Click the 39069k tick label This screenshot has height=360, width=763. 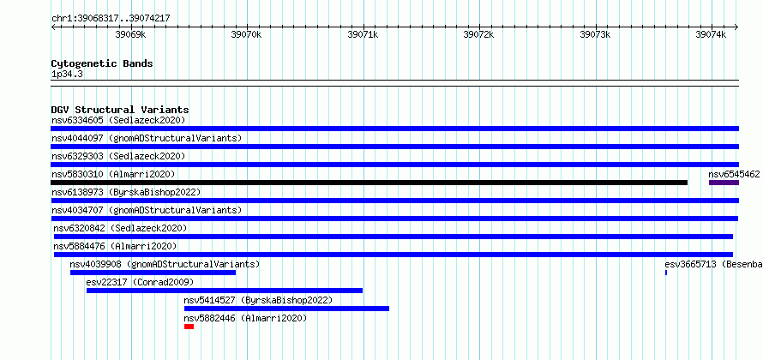tap(130, 35)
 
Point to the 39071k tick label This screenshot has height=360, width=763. tap(363, 35)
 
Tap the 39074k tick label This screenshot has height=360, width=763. tap(711, 35)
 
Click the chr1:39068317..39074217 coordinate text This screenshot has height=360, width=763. tap(111, 19)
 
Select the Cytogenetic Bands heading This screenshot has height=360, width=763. tap(102, 63)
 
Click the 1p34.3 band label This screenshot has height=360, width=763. tap(66, 75)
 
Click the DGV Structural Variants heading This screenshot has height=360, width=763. tap(120, 110)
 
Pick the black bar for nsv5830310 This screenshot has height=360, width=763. tap(369, 183)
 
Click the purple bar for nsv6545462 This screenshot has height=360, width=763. tap(724, 183)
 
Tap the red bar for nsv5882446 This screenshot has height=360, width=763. tap(189, 327)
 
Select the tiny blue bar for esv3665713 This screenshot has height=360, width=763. tap(666, 273)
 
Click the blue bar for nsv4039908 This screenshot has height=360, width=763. tap(153, 273)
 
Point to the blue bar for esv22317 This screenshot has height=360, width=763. tap(225, 291)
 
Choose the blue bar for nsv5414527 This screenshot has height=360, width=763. tap(286, 309)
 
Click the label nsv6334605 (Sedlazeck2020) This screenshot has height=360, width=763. tap(118, 120)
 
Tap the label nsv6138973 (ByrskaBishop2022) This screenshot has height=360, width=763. tap(126, 192)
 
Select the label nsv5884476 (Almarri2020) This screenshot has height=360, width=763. tap(116, 246)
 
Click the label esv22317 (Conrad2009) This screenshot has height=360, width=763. tap(140, 282)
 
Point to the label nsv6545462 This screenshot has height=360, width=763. tap(734, 174)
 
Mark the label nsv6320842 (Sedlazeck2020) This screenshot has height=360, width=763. tap(120, 228)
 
